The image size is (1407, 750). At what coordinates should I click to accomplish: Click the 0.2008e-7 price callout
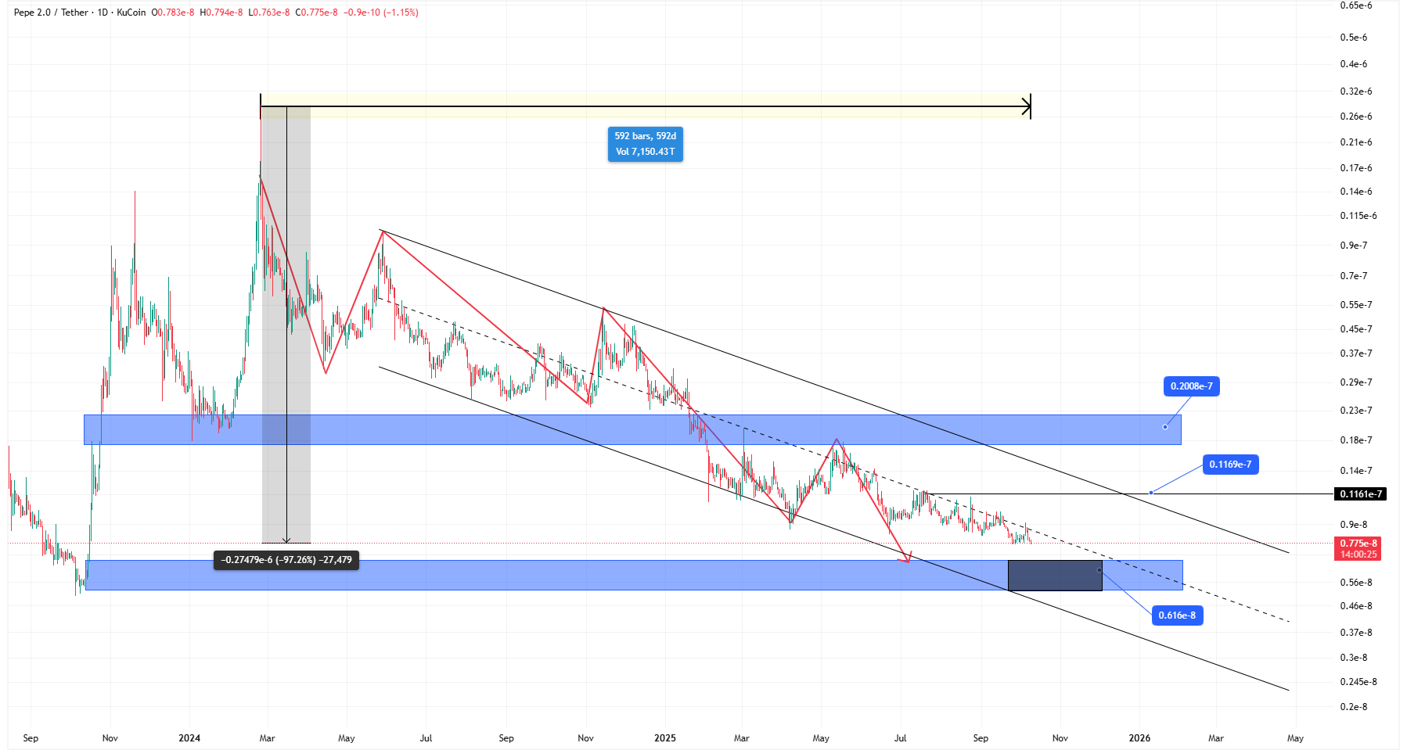[1191, 386]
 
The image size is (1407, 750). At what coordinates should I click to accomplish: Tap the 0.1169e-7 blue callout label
[1229, 465]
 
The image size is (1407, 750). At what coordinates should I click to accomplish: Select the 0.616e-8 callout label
[1176, 615]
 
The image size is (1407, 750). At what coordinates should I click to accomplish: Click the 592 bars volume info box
[645, 144]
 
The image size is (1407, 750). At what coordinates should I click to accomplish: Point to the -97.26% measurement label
[286, 560]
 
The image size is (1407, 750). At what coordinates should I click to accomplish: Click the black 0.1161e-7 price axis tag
[1360, 494]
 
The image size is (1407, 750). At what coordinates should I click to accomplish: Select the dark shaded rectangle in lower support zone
[1054, 576]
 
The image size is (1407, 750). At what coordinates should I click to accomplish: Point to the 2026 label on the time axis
[1139, 738]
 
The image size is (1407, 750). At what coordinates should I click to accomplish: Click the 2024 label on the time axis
[189, 738]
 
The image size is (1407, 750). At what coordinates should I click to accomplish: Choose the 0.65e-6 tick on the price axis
[1355, 5]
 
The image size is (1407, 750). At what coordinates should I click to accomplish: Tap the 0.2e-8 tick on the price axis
[1353, 707]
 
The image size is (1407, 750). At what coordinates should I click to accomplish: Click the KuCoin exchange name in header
[131, 13]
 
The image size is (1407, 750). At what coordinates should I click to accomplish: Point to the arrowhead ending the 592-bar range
[1027, 106]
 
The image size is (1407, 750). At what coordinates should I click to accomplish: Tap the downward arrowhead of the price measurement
[286, 540]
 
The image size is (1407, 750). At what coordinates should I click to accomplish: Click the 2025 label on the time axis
[664, 738]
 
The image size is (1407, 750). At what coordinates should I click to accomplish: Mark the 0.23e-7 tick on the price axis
[1355, 411]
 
